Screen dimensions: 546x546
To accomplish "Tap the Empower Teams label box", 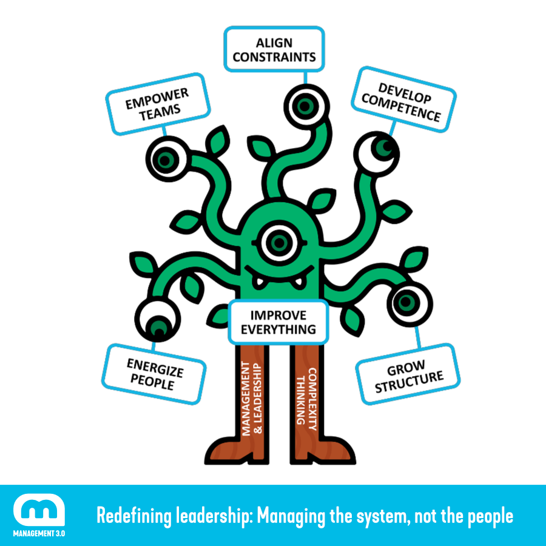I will click(157, 103).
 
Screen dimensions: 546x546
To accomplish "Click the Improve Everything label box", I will click(278, 322).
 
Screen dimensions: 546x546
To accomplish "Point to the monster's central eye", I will click(279, 242).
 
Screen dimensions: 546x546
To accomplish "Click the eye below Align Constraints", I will click(303, 104).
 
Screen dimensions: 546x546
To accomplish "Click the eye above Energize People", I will click(157, 319).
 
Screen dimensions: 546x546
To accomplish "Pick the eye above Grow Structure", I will click(407, 302).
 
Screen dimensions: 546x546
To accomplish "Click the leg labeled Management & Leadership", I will click(251, 400).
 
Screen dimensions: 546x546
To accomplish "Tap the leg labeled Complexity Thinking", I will click(306, 400).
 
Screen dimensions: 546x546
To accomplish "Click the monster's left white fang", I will click(258, 281).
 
